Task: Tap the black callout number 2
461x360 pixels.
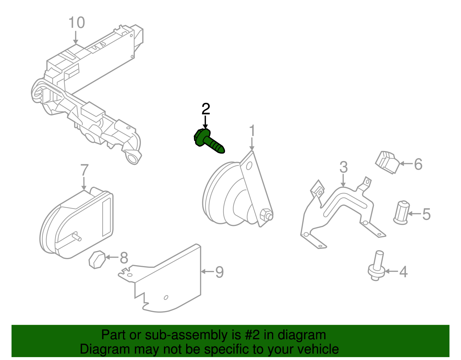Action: click(205, 109)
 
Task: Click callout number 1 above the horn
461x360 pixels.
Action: click(252, 131)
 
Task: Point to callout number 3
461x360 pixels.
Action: click(343, 167)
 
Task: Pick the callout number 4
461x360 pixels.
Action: click(403, 272)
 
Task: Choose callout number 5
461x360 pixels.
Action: click(426, 214)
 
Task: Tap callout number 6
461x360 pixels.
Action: click(418, 164)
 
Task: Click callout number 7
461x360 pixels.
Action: click(84, 170)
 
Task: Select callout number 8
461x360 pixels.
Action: click(124, 258)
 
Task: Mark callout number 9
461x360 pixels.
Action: click(219, 272)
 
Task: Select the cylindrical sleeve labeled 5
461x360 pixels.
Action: click(402, 212)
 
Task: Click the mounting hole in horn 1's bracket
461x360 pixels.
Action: click(249, 166)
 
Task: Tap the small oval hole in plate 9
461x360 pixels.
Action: click(166, 297)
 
